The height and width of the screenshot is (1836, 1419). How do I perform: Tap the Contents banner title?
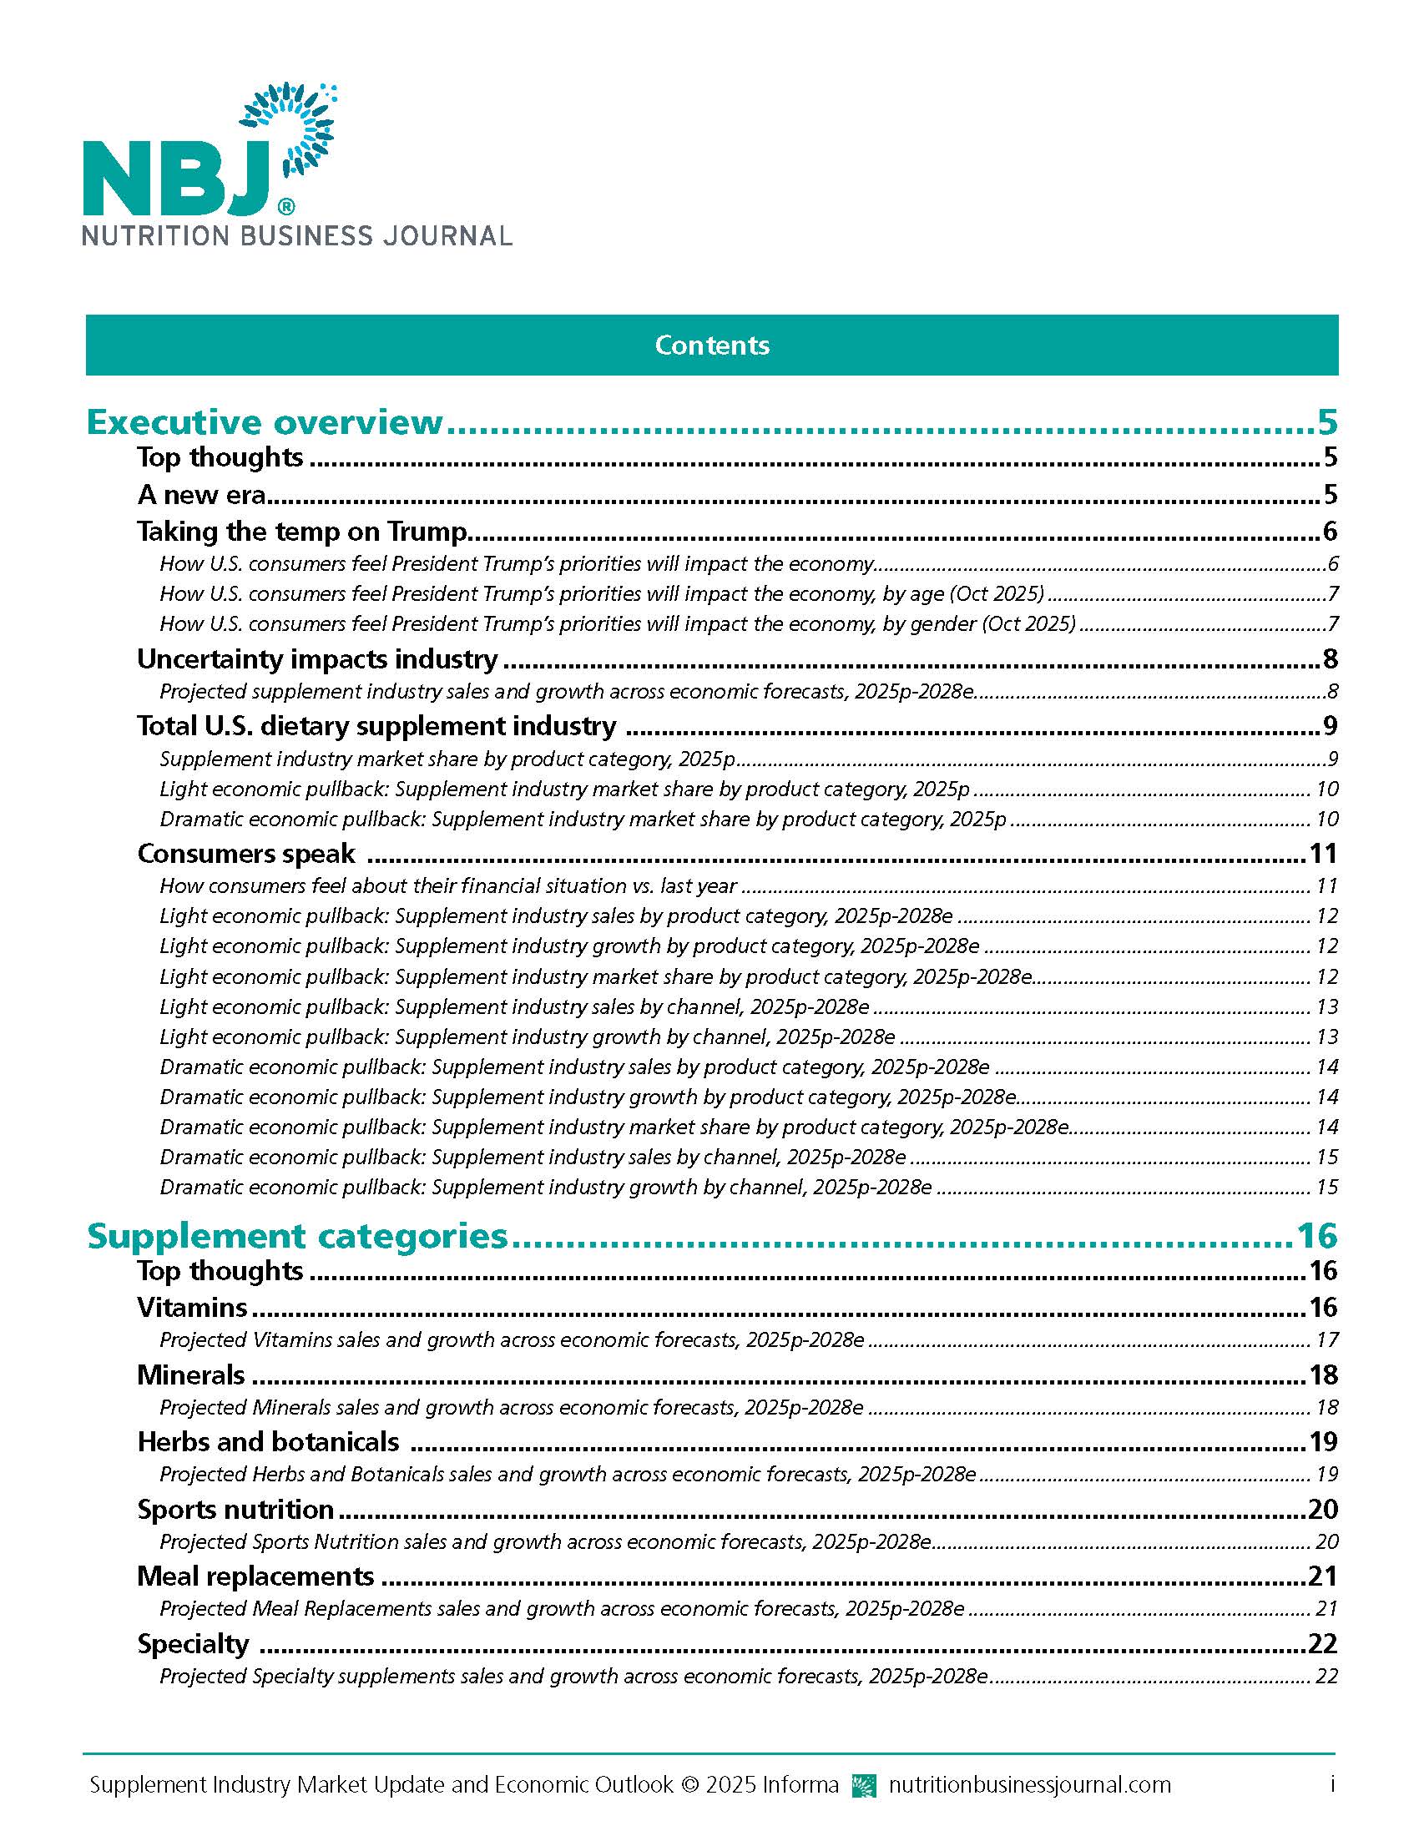coord(711,346)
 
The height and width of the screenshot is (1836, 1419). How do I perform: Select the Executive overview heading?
coord(265,422)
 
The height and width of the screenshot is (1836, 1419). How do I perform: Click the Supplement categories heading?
coord(298,1236)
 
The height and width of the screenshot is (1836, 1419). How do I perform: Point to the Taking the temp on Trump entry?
coord(302,532)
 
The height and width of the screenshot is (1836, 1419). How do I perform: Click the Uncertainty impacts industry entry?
coord(317,659)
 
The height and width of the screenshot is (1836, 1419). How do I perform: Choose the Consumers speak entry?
coord(246,853)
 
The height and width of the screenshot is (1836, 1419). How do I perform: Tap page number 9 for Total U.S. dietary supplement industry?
coord(1329,726)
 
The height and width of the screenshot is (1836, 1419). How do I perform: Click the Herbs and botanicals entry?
coord(268,1443)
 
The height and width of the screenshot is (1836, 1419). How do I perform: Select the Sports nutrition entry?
coord(235,1510)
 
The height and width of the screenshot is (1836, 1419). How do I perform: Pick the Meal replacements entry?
coord(255,1576)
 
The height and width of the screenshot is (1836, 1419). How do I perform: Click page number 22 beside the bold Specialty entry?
coord(1322,1643)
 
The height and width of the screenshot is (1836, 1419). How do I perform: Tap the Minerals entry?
coord(191,1375)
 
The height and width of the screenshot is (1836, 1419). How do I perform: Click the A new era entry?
coord(202,494)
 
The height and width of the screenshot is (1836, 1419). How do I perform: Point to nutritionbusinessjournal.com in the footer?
coord(1029,1784)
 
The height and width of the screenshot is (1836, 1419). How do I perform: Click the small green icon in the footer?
coord(863,1785)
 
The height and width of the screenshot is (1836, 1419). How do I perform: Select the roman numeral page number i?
coord(1331,1784)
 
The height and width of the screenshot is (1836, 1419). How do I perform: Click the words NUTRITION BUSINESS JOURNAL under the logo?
coord(297,235)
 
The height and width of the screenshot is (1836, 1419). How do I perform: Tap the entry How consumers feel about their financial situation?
coord(448,886)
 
